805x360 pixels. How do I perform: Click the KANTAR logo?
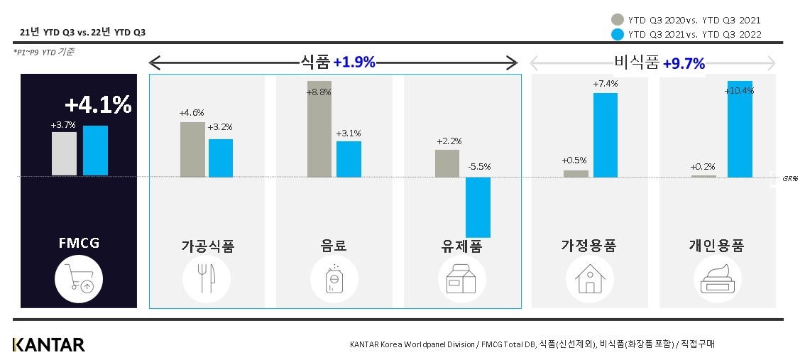pos(48,345)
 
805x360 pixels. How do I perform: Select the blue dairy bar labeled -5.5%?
pos(478,207)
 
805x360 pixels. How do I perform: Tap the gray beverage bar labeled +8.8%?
pos(319,129)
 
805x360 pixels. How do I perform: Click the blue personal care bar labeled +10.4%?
pos(740,129)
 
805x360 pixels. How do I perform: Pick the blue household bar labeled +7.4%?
pos(605,135)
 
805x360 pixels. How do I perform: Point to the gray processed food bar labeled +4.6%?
pos(192,149)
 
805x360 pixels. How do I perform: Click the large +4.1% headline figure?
pos(98,105)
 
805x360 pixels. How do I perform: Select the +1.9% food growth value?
pos(354,62)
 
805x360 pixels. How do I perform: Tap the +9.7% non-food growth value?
pos(684,64)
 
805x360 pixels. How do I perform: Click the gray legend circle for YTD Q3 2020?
pos(618,20)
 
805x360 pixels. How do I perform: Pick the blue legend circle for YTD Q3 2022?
pos(618,34)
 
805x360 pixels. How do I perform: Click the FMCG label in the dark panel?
pos(79,244)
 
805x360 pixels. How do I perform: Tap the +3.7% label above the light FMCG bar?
pos(62,125)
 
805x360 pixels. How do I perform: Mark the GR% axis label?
pos(790,179)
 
